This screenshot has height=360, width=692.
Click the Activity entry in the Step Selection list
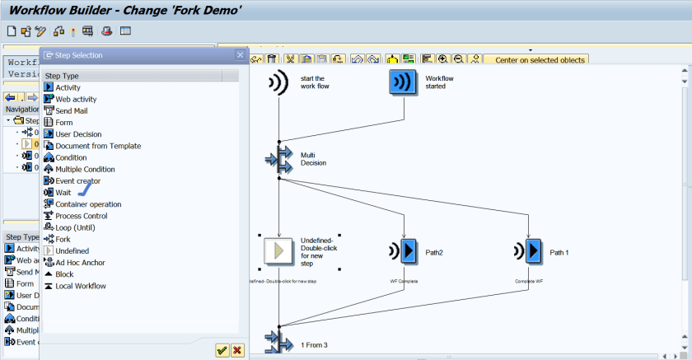pyautogui.click(x=68, y=87)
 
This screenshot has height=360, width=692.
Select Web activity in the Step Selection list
pyautogui.click(x=75, y=99)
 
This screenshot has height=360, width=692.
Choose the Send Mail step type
pyautogui.click(x=72, y=110)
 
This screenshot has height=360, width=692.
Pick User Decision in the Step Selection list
pyautogui.click(x=78, y=133)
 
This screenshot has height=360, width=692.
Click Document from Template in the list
pyautogui.click(x=97, y=146)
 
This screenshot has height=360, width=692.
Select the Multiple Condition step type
pyautogui.click(x=85, y=169)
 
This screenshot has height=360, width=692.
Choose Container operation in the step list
pyautogui.click(x=88, y=204)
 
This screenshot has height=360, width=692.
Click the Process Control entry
pyautogui.click(x=82, y=216)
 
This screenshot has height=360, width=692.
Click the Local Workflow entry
pyautogui.click(x=80, y=286)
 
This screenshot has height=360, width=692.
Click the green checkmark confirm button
pyautogui.click(x=222, y=350)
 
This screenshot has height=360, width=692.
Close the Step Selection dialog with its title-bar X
pyautogui.click(x=241, y=55)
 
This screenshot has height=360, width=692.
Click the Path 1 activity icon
pyautogui.click(x=533, y=250)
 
